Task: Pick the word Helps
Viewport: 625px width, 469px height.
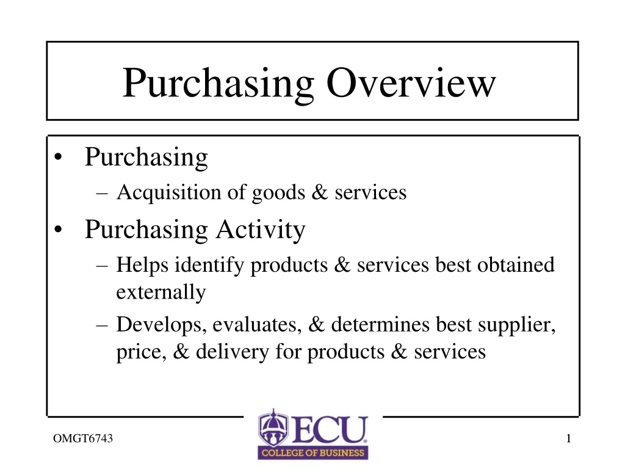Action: [x=143, y=265]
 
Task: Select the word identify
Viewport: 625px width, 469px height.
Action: [x=211, y=265]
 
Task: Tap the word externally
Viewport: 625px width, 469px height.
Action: [x=161, y=293]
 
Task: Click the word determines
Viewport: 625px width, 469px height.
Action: [x=381, y=324]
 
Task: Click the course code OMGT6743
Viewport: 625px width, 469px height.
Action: [x=82, y=438]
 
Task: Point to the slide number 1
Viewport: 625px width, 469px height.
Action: [x=568, y=438]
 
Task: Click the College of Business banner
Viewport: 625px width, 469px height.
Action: [x=312, y=453]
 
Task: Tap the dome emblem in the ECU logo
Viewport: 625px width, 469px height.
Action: [x=272, y=427]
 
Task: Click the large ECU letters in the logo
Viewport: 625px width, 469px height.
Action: [x=329, y=429]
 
